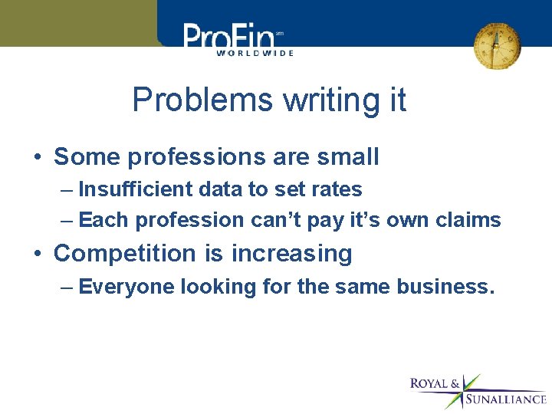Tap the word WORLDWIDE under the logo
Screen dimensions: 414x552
tap(255, 54)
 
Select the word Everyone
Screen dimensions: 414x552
tap(127, 287)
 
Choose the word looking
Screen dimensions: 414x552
tap(214, 287)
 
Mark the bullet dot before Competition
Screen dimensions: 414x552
tap(37, 254)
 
